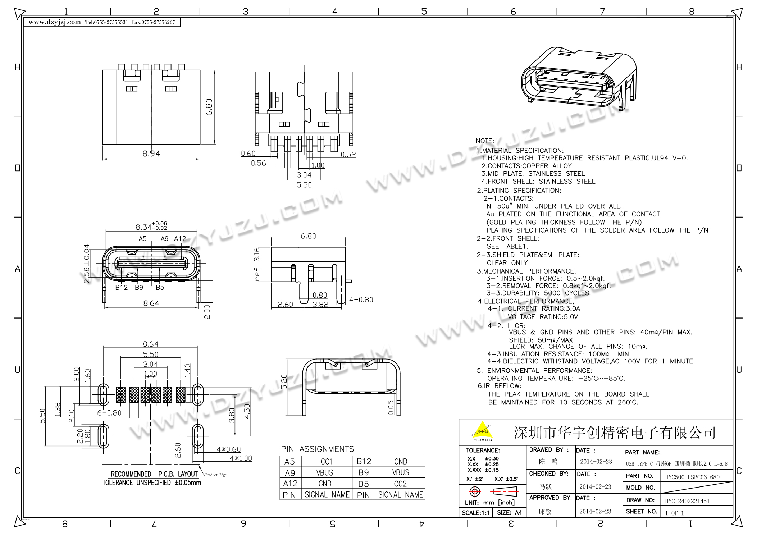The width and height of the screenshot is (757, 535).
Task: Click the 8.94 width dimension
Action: tap(151, 154)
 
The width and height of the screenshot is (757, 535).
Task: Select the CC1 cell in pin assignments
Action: tap(327, 462)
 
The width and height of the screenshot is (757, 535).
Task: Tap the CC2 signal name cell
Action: tap(400, 484)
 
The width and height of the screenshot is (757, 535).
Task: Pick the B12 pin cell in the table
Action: tap(364, 462)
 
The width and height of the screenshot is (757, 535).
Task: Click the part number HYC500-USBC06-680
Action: tap(692, 477)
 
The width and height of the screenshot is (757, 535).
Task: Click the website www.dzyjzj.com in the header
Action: tap(55, 22)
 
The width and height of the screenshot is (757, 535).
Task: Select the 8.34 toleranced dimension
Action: tap(151, 226)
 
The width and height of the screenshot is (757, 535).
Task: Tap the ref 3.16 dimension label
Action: tap(257, 264)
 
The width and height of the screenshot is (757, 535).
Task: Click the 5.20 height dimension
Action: tap(284, 381)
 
